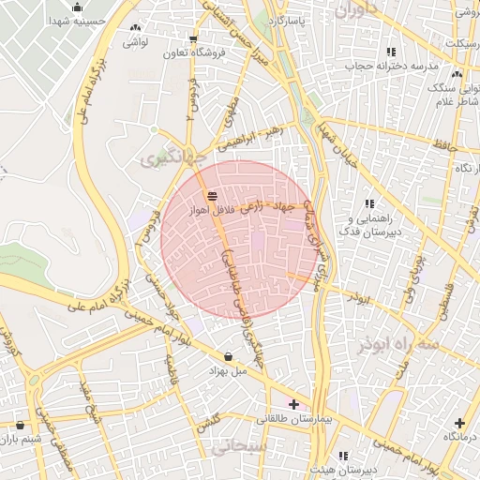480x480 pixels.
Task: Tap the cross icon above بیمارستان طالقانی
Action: pyautogui.click(x=294, y=404)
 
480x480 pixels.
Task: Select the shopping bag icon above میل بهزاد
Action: pyautogui.click(x=230, y=356)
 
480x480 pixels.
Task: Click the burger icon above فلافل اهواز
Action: pyautogui.click(x=214, y=196)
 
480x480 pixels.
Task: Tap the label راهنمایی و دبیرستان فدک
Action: pyautogui.click(x=370, y=224)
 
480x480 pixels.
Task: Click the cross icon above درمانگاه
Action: pyautogui.click(x=459, y=423)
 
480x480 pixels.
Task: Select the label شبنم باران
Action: pyautogui.click(x=22, y=439)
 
